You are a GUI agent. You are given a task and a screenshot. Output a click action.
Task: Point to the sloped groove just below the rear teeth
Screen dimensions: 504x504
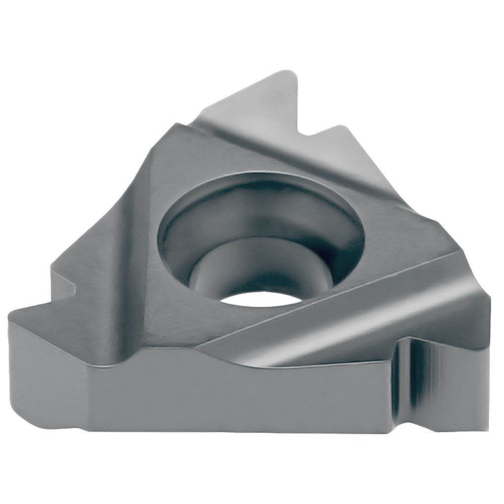[295, 153]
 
